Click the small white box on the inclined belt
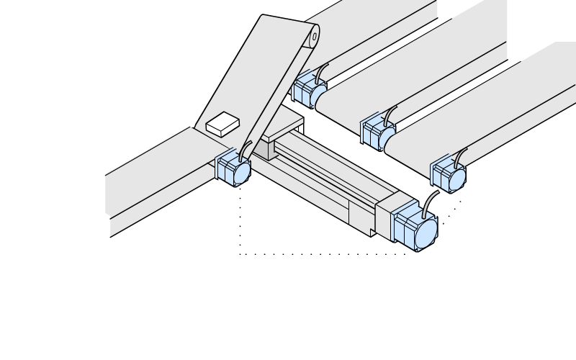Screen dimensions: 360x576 pos(222,124)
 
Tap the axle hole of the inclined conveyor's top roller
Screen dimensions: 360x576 pos(314,36)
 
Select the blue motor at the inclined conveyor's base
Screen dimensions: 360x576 pos(234,168)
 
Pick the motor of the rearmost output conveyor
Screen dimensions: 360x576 pos(310,89)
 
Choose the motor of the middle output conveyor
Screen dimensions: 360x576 pos(378,132)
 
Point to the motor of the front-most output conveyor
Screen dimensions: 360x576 pos(449,174)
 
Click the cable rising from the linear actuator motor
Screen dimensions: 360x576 pos(429,203)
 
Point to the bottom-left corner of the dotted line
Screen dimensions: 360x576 pos(240,253)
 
